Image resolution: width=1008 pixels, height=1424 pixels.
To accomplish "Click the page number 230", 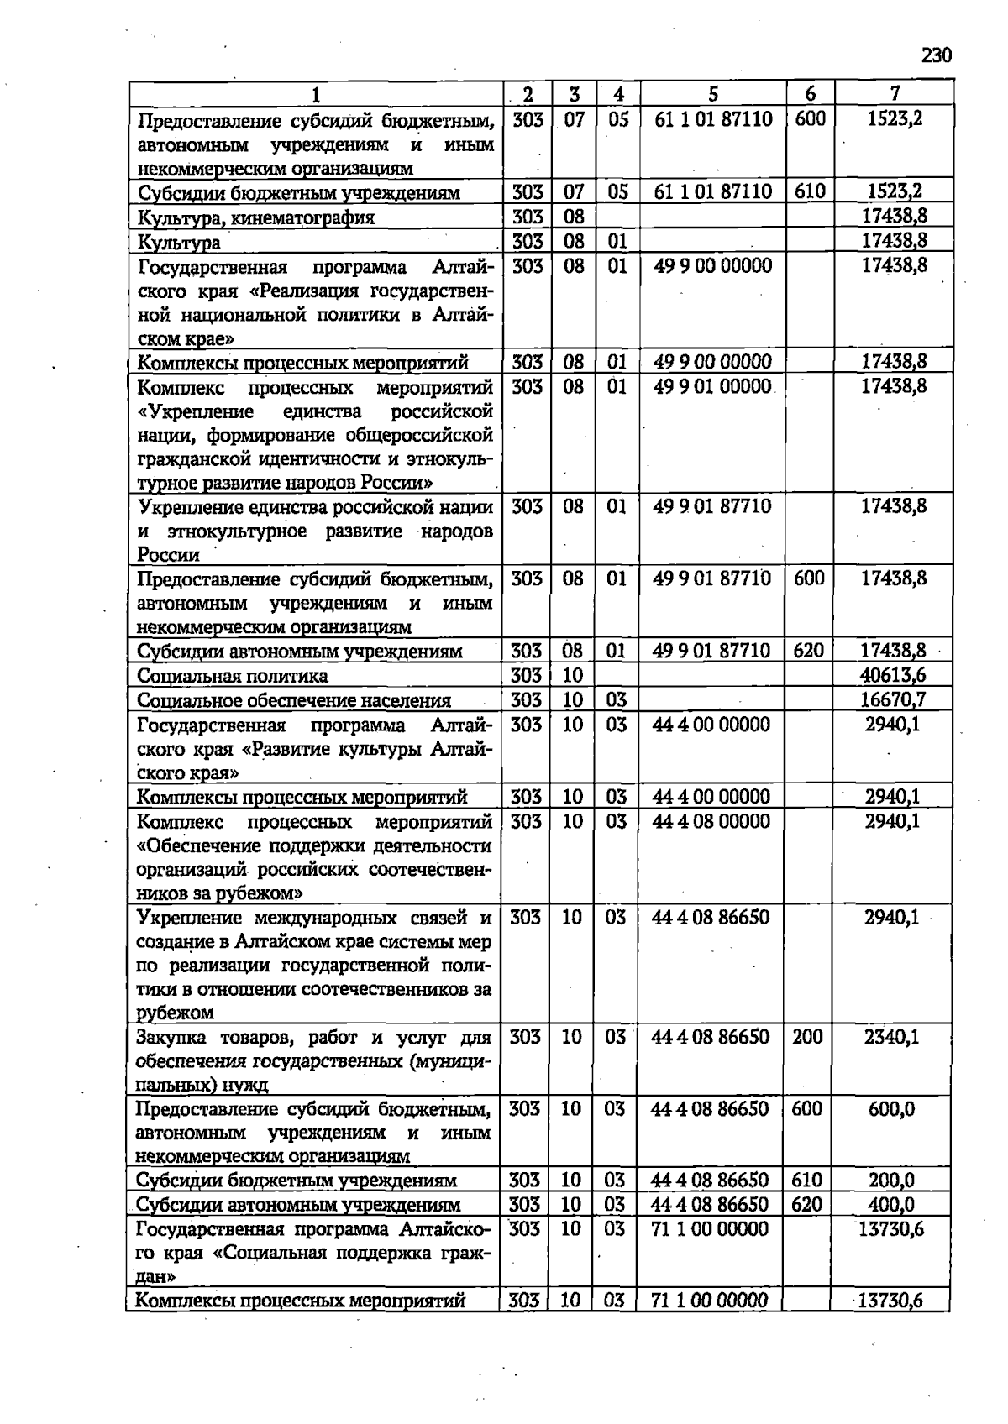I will (937, 56).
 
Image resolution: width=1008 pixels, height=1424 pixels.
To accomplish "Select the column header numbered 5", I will (712, 94).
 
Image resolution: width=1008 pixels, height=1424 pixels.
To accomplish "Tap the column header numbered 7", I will (895, 94).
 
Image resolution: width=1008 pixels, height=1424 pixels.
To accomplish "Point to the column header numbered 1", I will (315, 94).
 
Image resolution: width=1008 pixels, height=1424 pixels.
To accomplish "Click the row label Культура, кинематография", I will (256, 217).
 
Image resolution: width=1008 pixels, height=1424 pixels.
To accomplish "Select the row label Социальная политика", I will (233, 676).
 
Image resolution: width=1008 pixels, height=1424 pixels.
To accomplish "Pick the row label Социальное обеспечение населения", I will (294, 700).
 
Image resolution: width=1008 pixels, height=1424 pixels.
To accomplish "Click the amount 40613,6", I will (893, 675).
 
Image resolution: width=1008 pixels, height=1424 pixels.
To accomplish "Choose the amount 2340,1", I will (892, 1037).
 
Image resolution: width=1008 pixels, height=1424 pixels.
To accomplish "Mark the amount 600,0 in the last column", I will (891, 1109).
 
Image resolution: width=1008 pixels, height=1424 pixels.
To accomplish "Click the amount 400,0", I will (891, 1205).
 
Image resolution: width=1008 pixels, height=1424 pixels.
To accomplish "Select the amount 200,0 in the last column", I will (891, 1181).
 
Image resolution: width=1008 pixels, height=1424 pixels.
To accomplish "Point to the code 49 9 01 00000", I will (712, 386).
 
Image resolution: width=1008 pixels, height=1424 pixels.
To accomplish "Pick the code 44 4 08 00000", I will (711, 820).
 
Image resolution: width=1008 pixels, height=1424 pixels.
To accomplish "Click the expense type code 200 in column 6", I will (807, 1037).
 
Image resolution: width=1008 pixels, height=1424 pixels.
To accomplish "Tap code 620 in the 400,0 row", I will (807, 1205).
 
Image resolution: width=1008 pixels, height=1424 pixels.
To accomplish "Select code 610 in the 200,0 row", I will (807, 1181).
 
